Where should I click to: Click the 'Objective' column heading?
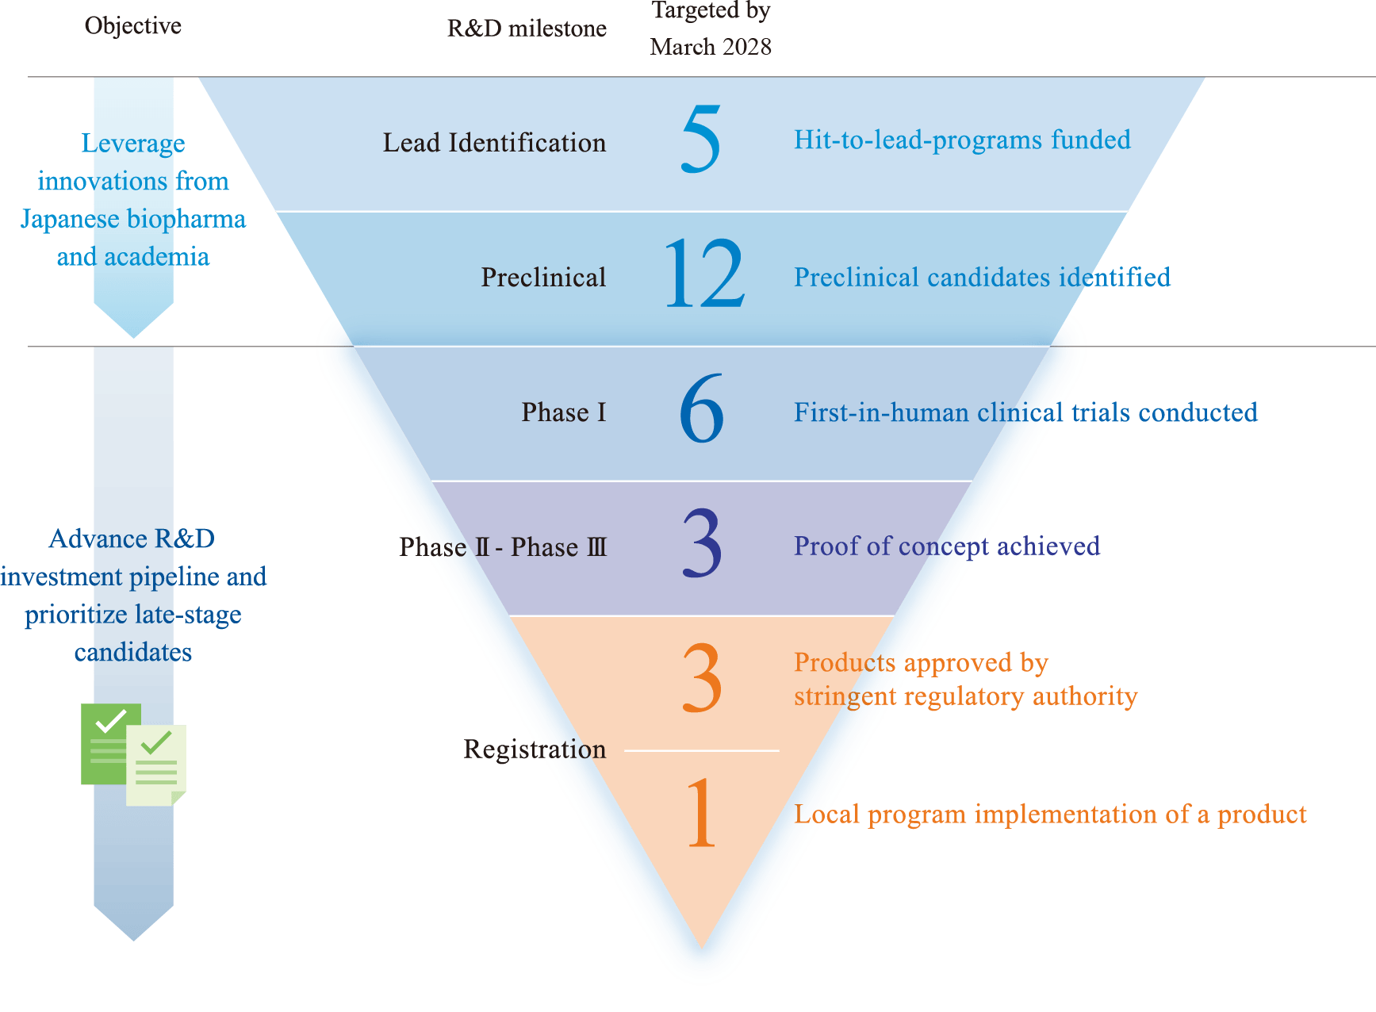coord(132,26)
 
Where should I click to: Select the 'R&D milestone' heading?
coord(526,29)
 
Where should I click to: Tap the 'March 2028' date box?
coord(718,48)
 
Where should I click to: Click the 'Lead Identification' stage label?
coord(494,143)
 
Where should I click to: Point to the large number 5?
coord(701,140)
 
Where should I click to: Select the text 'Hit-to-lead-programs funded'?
coord(962,140)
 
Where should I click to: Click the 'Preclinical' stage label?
coord(543,278)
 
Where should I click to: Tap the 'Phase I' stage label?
coord(563,412)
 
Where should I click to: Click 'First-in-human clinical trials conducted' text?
coord(1025,412)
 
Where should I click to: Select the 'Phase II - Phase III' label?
coord(503,547)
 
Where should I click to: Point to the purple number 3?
coord(702,544)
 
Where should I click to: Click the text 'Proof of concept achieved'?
coord(946,546)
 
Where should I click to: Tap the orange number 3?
coord(702,678)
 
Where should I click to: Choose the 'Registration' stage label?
coord(535,749)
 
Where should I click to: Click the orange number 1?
coord(702,813)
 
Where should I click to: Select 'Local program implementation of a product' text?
coord(1050,815)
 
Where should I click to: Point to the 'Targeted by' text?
coord(711,10)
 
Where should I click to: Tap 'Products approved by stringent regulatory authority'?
coord(965,679)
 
